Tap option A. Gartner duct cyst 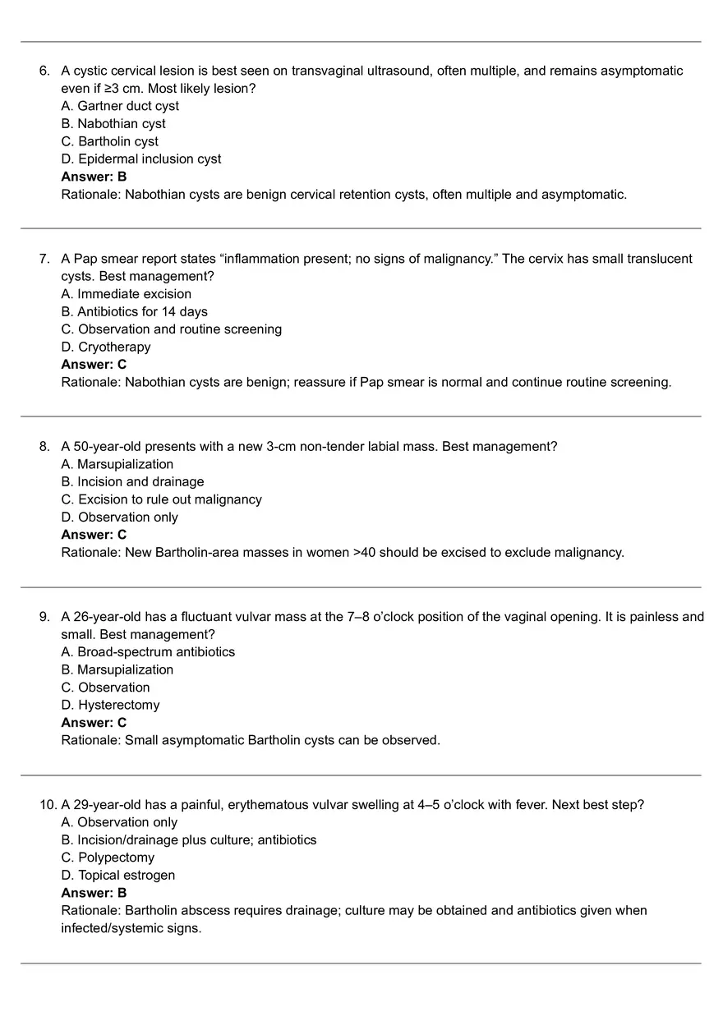click(x=119, y=106)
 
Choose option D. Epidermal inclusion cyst click(x=140, y=159)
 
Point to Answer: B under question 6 click(x=94, y=177)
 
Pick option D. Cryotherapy click(x=106, y=347)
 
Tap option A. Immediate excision click(x=126, y=294)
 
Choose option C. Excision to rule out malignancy click(x=161, y=499)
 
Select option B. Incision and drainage click(x=132, y=482)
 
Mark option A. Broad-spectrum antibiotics click(x=148, y=652)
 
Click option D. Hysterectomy click(x=110, y=705)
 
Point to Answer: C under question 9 click(x=94, y=723)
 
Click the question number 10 click(x=47, y=805)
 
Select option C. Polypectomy click(x=108, y=858)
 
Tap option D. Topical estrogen click(x=117, y=876)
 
